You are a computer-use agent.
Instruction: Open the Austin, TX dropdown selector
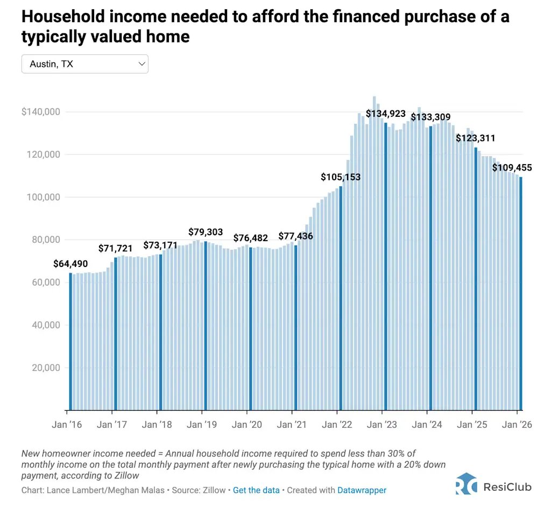(x=84, y=64)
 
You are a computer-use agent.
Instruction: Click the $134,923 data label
(x=386, y=114)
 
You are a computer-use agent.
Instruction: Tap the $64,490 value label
(x=70, y=264)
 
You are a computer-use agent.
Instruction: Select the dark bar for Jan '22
(x=341, y=296)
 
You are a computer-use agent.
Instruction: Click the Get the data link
(x=256, y=490)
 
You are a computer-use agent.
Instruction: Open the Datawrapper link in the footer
(x=362, y=490)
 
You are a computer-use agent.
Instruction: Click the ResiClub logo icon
(x=466, y=483)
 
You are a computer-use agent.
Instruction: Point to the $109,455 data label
(x=512, y=168)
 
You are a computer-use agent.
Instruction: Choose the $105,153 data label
(x=341, y=177)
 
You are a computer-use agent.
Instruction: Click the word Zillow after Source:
(x=214, y=490)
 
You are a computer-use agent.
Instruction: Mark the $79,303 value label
(x=206, y=232)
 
